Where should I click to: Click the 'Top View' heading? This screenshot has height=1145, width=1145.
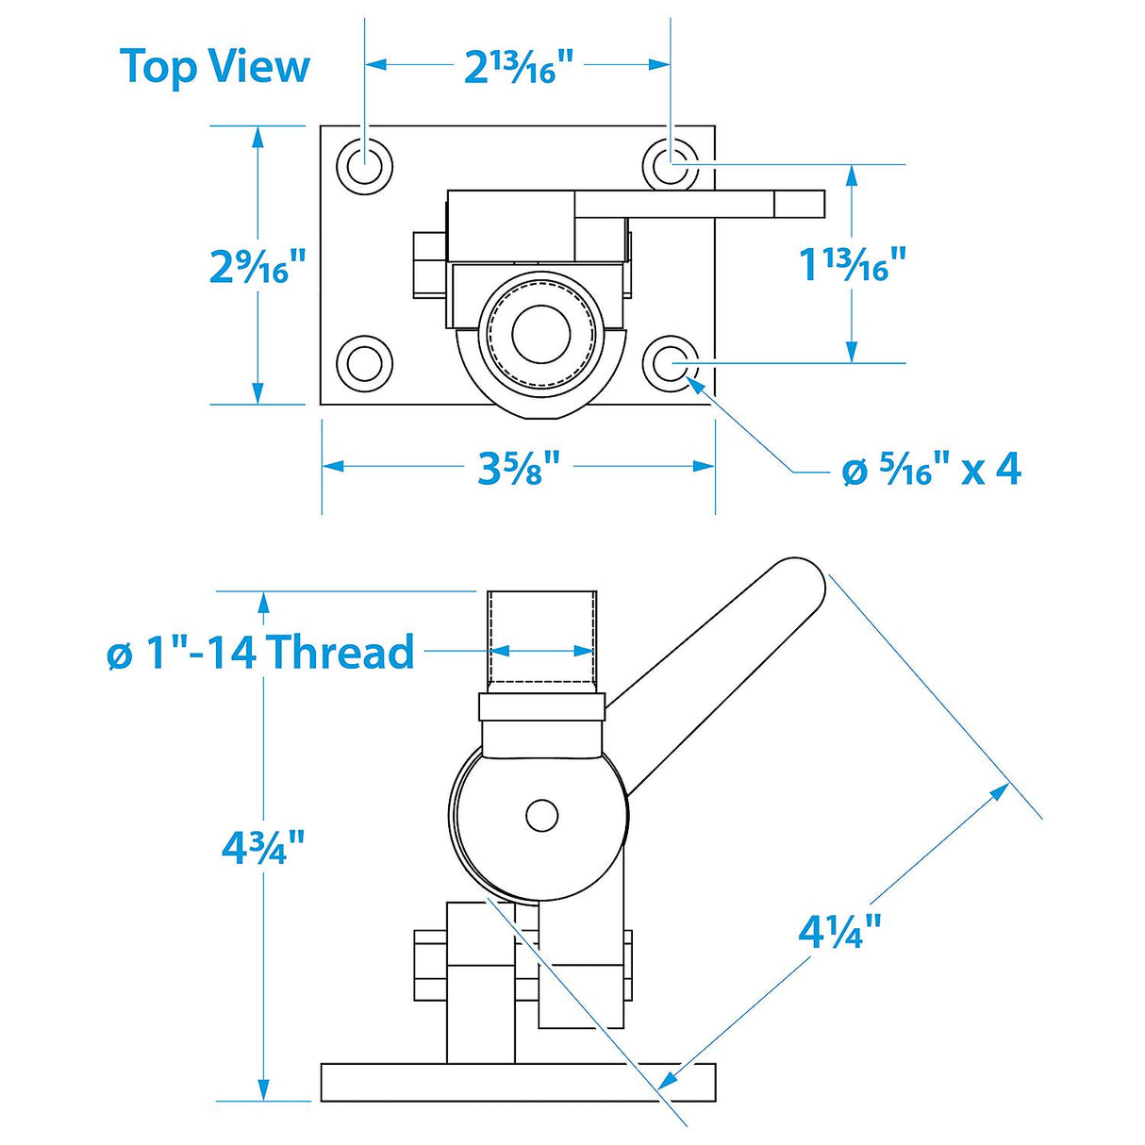pos(215,67)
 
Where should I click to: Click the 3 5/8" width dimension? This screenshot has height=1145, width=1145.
pos(518,467)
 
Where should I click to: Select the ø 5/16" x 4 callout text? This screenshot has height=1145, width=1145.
pos(930,468)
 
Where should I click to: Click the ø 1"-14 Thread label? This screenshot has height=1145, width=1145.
pos(260,652)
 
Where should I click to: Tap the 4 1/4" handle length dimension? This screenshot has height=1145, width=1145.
pos(838,932)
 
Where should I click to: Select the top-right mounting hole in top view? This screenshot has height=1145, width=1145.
pos(671,166)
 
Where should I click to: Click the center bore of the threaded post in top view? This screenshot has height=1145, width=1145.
pos(541,333)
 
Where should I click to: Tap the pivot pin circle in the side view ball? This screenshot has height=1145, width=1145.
pos(541,815)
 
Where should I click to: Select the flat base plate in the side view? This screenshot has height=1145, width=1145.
pos(518,1082)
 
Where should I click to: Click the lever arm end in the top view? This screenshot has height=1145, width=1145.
pos(800,204)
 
